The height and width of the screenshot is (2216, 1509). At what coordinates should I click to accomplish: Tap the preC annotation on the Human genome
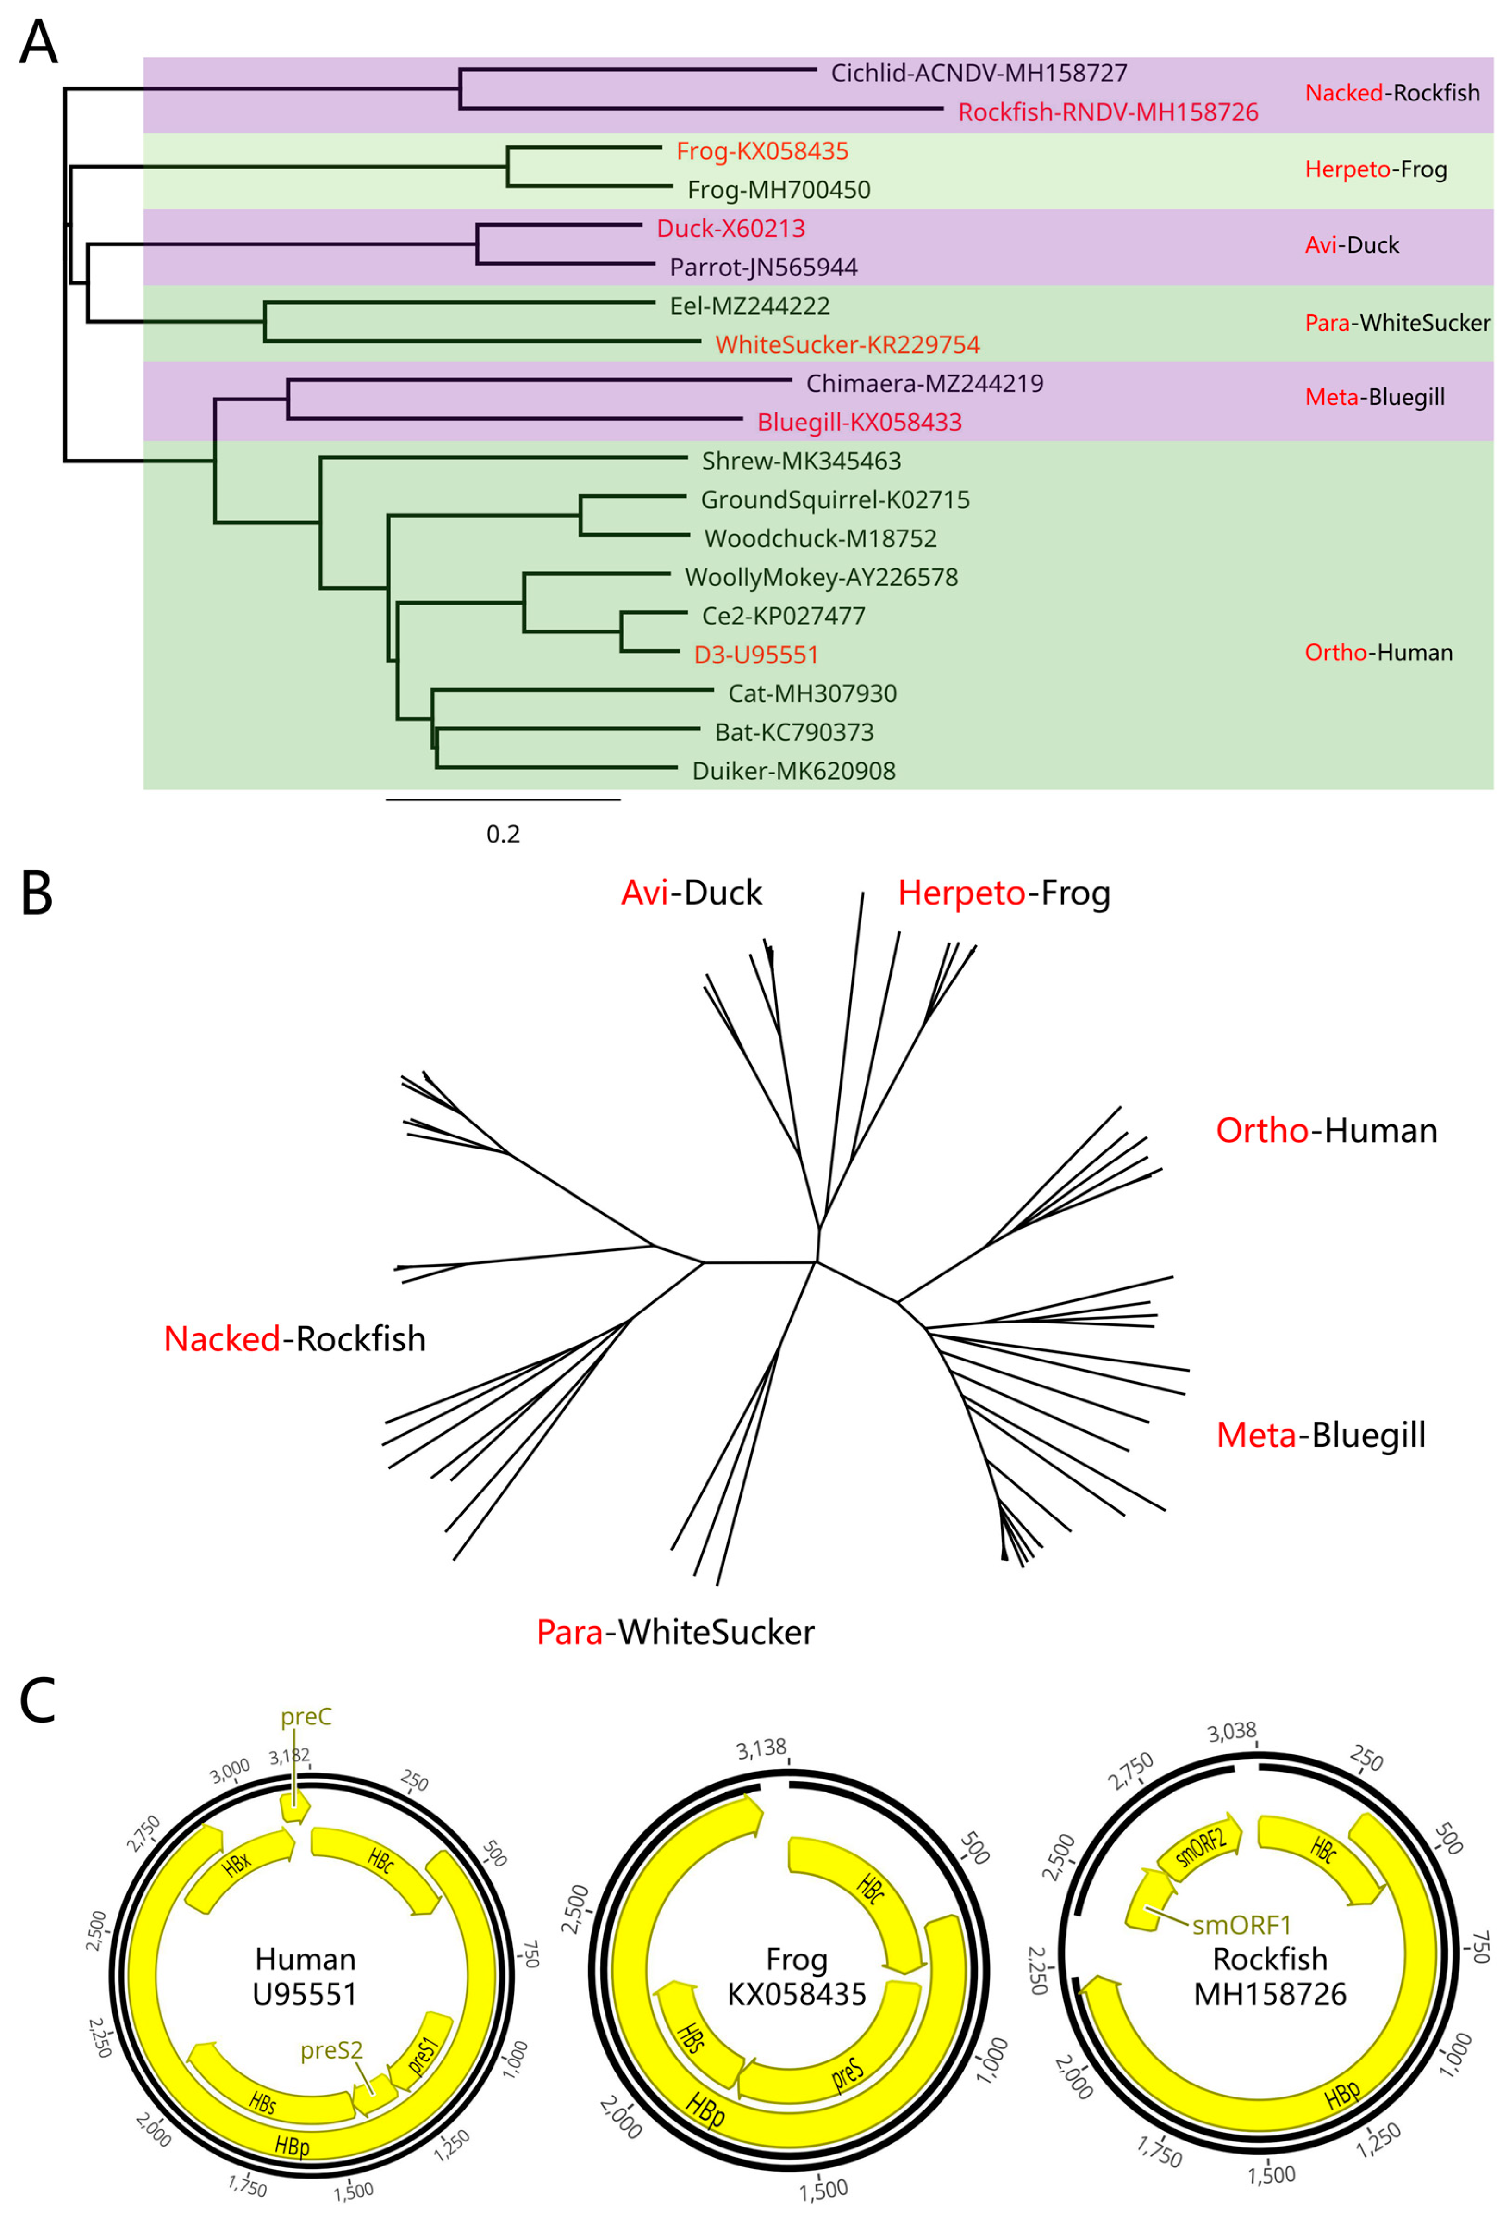(306, 1717)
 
